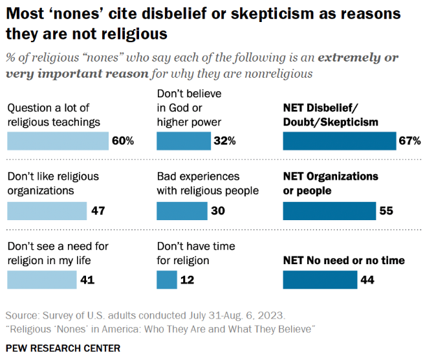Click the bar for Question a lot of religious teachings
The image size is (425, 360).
coord(58,141)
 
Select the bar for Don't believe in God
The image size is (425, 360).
coord(184,141)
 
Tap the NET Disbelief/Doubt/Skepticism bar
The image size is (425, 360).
coord(339,141)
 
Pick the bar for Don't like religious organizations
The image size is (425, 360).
coord(47,210)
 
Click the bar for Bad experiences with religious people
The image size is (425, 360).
coord(182,210)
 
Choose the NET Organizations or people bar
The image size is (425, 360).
coord(329,210)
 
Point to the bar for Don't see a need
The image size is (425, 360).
coord(42,280)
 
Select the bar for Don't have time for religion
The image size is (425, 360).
coord(167,280)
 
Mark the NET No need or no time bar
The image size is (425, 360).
coord(320,280)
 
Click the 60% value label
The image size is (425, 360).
coord(122,141)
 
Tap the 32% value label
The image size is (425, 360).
coord(226,141)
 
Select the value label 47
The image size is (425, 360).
coord(98,210)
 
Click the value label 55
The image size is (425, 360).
coord(387,210)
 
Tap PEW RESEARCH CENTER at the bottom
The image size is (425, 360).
coord(63,348)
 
